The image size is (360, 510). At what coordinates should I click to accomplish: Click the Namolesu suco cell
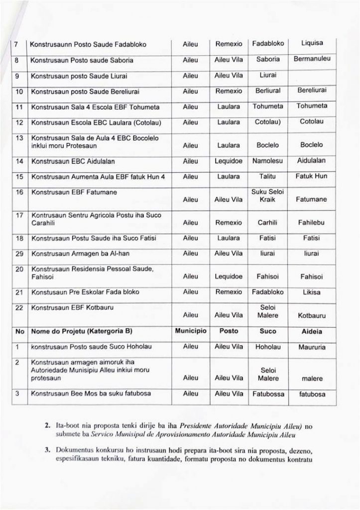click(x=268, y=162)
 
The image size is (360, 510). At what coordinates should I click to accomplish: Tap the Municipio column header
click(x=191, y=330)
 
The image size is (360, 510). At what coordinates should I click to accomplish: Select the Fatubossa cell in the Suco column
click(x=268, y=394)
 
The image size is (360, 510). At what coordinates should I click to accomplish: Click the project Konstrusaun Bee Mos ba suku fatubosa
click(x=83, y=394)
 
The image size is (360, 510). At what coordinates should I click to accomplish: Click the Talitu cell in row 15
click(x=268, y=178)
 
